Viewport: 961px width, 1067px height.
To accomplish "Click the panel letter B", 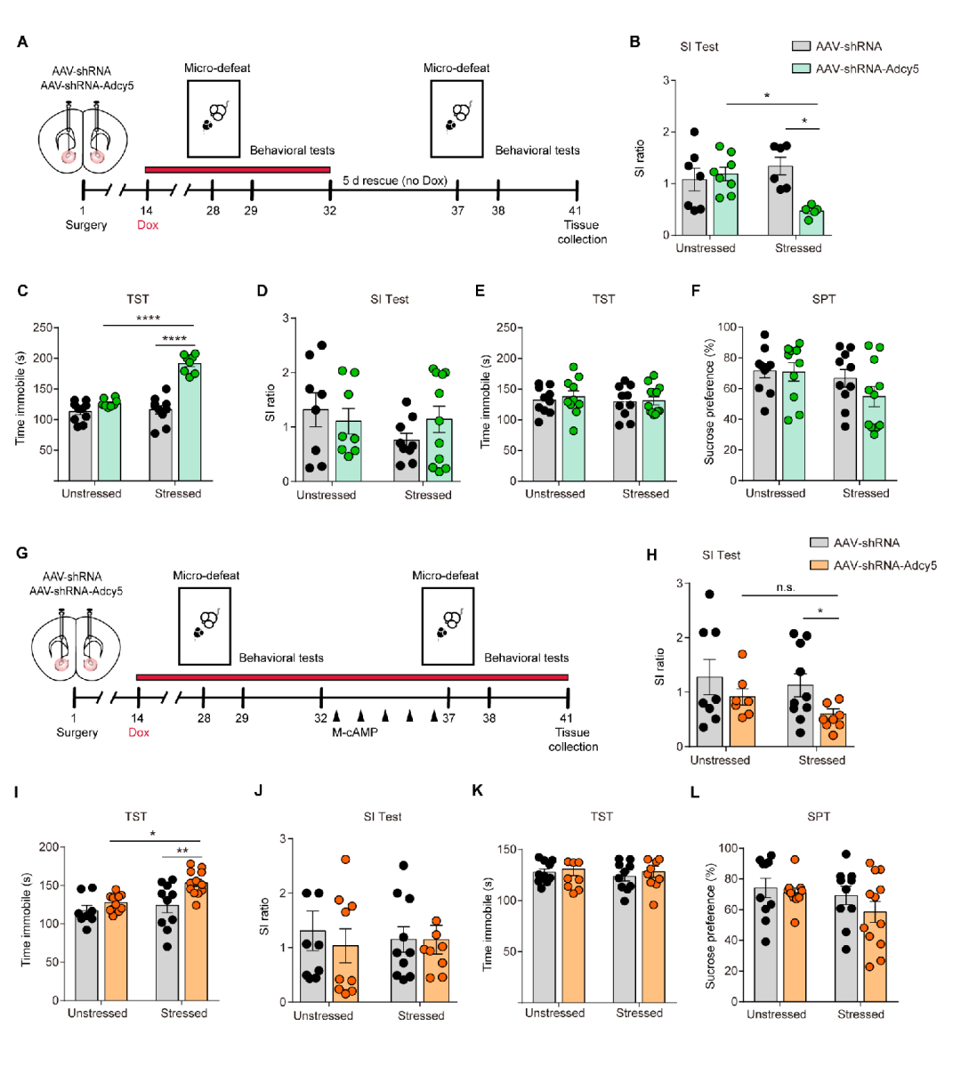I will point(635,42).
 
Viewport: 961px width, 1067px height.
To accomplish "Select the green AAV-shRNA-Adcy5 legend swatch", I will point(800,69).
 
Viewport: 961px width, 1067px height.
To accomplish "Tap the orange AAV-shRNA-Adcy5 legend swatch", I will point(818,565).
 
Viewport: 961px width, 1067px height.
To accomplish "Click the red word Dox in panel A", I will point(148,225).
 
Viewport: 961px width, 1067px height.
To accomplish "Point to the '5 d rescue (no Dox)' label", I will point(395,181).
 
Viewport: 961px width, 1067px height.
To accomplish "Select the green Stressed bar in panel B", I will point(810,222).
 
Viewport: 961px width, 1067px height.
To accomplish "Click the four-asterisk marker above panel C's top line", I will point(149,319).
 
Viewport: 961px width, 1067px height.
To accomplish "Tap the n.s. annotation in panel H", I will point(785,587).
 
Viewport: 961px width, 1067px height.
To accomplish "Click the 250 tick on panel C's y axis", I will point(41,327).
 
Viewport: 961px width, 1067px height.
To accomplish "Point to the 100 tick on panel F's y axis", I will point(726,327).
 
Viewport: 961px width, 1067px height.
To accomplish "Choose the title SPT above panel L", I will point(819,816).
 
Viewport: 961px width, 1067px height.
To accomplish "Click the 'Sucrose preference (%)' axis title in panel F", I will point(709,402).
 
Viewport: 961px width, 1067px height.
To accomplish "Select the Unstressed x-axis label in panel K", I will point(554,1013).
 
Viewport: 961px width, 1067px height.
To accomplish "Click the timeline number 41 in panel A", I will point(577,210).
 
